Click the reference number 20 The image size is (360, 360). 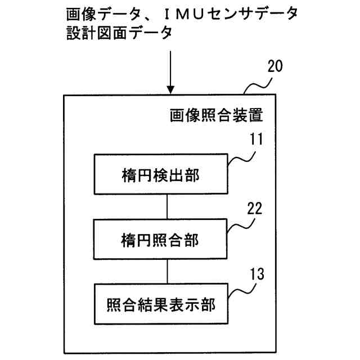click(x=275, y=66)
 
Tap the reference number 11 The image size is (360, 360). click(x=256, y=139)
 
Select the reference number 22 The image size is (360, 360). click(x=255, y=209)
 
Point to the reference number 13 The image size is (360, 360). click(x=257, y=274)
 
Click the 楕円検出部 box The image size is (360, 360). click(x=161, y=174)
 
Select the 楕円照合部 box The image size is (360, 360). click(x=160, y=239)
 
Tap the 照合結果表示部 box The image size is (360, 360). click(x=161, y=304)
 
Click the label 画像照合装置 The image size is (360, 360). click(x=216, y=115)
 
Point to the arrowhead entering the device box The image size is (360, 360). click(x=170, y=90)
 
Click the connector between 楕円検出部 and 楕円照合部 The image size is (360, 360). click(x=167, y=206)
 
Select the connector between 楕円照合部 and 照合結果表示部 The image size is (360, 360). click(x=167, y=272)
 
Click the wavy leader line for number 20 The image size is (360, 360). click(x=258, y=86)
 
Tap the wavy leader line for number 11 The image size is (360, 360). click(x=241, y=159)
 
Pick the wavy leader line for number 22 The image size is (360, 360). click(x=241, y=226)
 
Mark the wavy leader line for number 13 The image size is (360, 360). click(x=242, y=291)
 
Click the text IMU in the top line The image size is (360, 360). click(x=184, y=14)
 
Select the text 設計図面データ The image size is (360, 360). click(x=119, y=33)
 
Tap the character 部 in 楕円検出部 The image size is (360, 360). click(x=192, y=175)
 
